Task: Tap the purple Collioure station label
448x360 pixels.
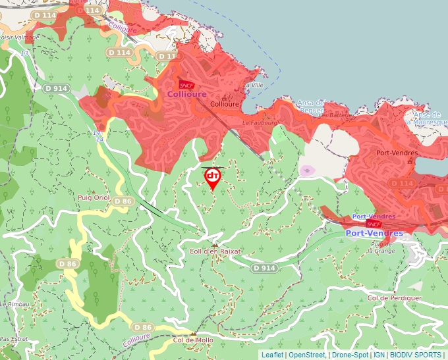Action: pos(186,94)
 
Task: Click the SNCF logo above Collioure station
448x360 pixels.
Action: pos(186,85)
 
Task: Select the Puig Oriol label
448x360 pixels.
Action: pos(93,197)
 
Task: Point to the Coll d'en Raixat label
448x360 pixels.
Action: pos(215,251)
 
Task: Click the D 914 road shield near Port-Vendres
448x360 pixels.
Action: pos(264,268)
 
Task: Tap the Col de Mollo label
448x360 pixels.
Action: pos(193,340)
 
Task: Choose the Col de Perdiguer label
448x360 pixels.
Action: pos(395,298)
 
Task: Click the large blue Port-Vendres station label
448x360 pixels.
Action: pos(374,233)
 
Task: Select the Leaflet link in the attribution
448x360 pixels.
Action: pos(272,355)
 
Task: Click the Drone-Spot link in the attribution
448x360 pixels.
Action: pos(350,355)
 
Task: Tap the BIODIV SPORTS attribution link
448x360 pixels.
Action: pos(416,355)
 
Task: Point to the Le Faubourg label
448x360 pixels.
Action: pos(258,122)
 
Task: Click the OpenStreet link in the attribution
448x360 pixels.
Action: pos(306,355)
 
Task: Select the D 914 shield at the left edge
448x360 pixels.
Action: pos(57,88)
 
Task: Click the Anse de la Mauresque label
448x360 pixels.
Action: pos(427,118)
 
